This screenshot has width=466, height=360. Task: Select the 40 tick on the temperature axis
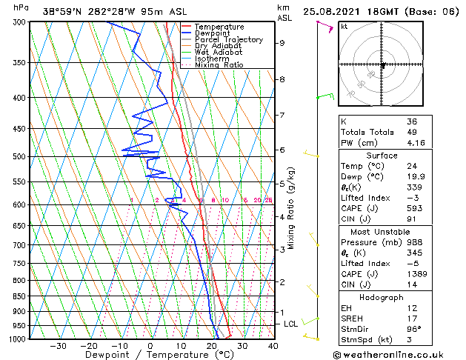273,345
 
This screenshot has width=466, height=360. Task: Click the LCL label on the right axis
291,324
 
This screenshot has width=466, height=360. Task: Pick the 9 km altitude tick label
282,43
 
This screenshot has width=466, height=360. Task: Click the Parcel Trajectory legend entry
228,39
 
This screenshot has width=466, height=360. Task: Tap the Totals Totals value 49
412,132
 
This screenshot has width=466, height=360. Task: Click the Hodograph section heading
382,297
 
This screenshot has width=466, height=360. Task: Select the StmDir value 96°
414,329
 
